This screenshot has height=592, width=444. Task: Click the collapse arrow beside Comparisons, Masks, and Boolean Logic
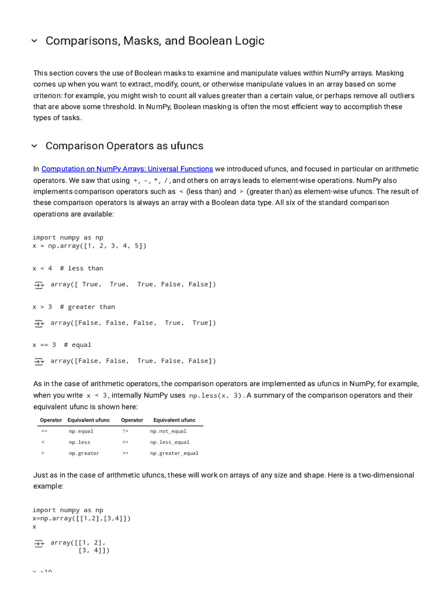34,41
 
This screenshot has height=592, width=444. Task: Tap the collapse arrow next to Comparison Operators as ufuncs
34,146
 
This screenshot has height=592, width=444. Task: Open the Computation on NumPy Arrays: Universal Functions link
127,169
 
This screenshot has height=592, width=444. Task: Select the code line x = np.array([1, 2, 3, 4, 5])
90,246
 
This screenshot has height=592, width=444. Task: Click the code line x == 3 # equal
62,345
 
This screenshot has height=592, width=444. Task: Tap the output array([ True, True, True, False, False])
133,284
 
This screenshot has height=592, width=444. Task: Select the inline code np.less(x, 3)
217,395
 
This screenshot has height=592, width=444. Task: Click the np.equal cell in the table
81,431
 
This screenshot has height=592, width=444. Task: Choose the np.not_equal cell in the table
168,431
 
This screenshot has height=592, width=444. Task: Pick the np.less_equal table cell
169,442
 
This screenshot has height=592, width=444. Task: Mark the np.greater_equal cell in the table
174,453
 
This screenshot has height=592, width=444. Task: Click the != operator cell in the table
125,431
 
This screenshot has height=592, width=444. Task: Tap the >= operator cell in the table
125,453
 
